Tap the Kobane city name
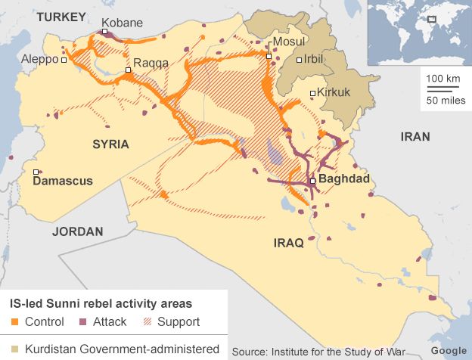tap(122, 23)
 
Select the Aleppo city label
tap(41, 59)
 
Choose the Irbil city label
tap(318, 59)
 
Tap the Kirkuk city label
tap(334, 93)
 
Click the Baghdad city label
tap(344, 180)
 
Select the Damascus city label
tap(63, 182)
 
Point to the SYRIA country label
tap(110, 144)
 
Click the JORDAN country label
tap(77, 231)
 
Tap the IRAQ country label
tap(288, 243)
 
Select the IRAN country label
tap(415, 137)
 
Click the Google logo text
tap(449, 351)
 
